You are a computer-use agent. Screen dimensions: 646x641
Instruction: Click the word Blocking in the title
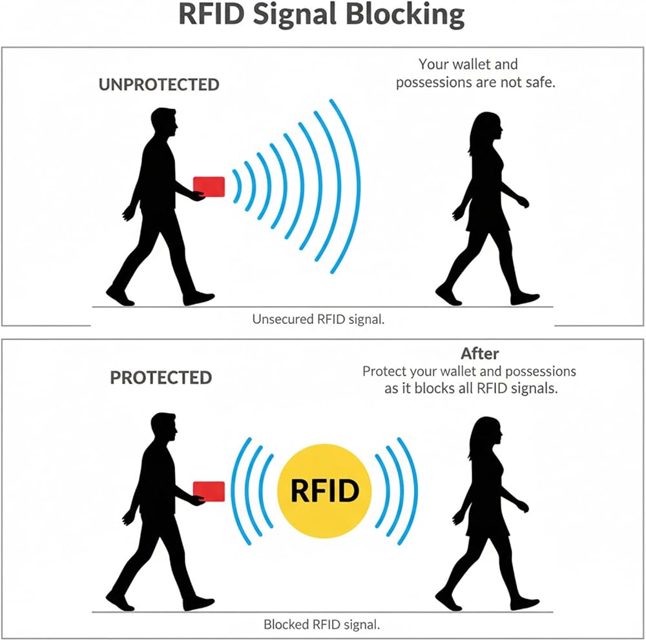(x=405, y=15)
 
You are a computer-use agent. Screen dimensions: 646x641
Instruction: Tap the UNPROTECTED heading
(x=159, y=85)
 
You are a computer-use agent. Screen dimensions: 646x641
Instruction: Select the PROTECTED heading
(x=161, y=378)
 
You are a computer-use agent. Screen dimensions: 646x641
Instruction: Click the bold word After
(x=479, y=354)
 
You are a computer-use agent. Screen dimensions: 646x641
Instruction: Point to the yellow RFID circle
(x=324, y=491)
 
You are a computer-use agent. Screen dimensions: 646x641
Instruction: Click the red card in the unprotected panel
(x=209, y=187)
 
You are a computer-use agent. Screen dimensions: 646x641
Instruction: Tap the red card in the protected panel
(x=209, y=491)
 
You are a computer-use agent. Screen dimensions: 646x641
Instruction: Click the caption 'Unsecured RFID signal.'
(x=318, y=319)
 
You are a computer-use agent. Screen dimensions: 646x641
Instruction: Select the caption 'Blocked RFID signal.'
(x=321, y=624)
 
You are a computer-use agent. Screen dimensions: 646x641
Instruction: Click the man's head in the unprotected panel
(x=164, y=121)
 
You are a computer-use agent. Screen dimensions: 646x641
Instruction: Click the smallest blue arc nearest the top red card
(x=238, y=186)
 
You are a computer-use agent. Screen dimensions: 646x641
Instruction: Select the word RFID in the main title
(x=211, y=15)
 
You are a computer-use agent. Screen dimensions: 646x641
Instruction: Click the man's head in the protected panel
(x=164, y=427)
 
